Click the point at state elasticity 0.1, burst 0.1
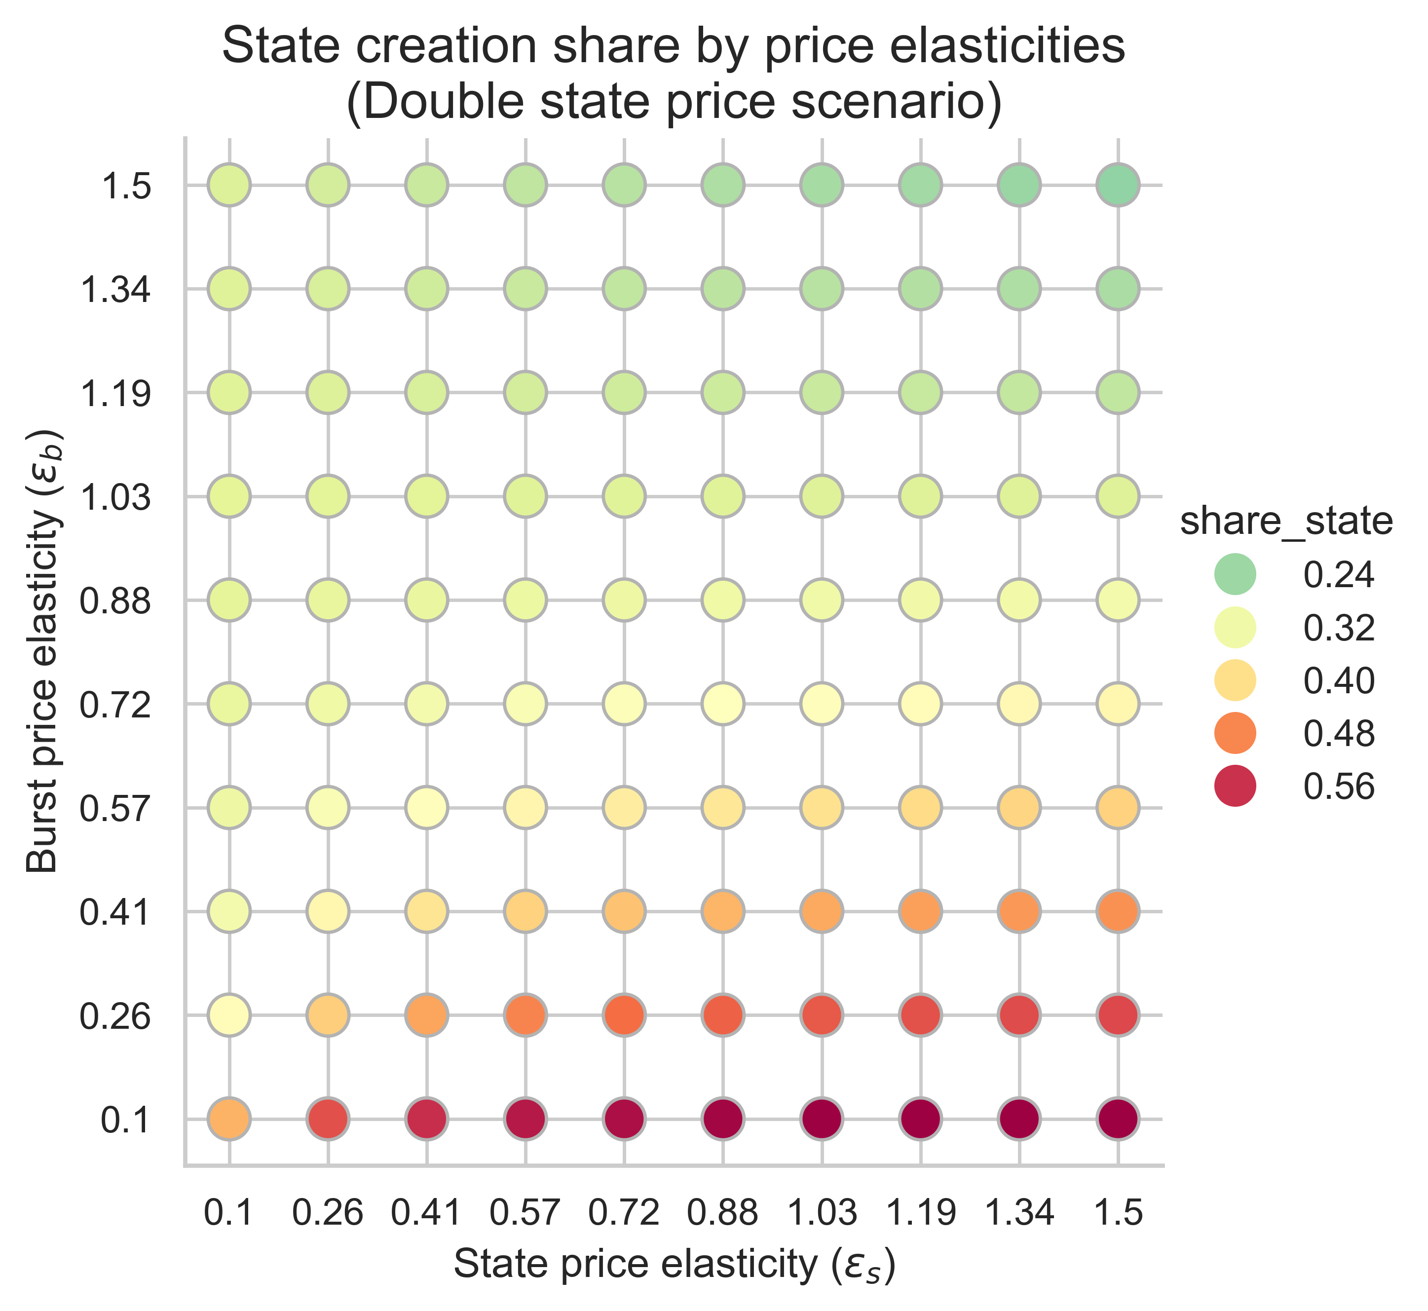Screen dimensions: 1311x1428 pyautogui.click(x=229, y=1119)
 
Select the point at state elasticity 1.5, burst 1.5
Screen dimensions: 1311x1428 pyautogui.click(x=1118, y=185)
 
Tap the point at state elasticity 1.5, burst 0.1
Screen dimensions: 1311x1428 pyautogui.click(x=1118, y=1119)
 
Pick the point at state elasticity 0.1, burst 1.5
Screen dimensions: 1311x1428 pyautogui.click(x=229, y=185)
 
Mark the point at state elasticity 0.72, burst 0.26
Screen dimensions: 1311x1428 pyautogui.click(x=624, y=1014)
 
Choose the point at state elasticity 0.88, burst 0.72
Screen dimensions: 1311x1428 pyautogui.click(x=723, y=704)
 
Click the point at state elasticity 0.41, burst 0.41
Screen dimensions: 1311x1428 pyautogui.click(x=426, y=911)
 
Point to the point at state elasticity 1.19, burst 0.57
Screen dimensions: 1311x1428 pyautogui.click(x=921, y=807)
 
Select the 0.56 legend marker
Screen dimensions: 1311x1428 pyautogui.click(x=1235, y=786)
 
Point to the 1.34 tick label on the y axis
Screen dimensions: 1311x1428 pyautogui.click(x=115, y=290)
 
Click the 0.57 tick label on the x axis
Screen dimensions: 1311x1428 pyautogui.click(x=526, y=1214)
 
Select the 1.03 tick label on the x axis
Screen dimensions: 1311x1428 pyautogui.click(x=822, y=1214)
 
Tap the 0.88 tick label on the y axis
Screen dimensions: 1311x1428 pyautogui.click(x=115, y=600)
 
